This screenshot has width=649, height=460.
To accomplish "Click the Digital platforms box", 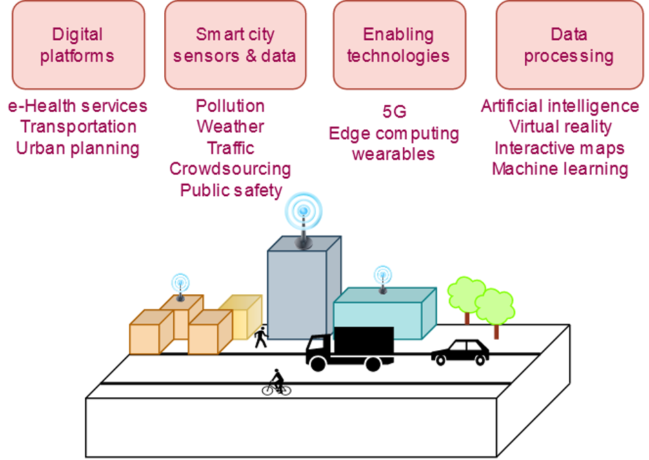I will point(77,45).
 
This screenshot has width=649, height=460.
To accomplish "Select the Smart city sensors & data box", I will point(234,45).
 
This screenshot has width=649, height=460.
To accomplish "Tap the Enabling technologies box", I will point(398,45).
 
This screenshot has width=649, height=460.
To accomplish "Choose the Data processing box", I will point(568,45).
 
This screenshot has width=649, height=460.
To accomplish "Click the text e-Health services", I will point(77,106).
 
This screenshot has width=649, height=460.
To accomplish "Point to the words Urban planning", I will point(77,148).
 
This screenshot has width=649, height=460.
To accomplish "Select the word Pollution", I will point(230,106).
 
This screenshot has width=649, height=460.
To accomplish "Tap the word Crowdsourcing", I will point(230,169).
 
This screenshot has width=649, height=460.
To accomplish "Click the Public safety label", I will point(231,190).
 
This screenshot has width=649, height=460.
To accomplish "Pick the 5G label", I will point(394,111).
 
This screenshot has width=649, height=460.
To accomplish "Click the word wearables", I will point(393,153).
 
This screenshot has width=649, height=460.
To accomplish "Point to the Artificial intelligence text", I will point(560,106).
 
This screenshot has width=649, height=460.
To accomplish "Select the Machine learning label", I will point(560,169).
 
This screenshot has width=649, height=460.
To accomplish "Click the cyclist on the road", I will point(277,383).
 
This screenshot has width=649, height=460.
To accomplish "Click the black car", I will point(460,352).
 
